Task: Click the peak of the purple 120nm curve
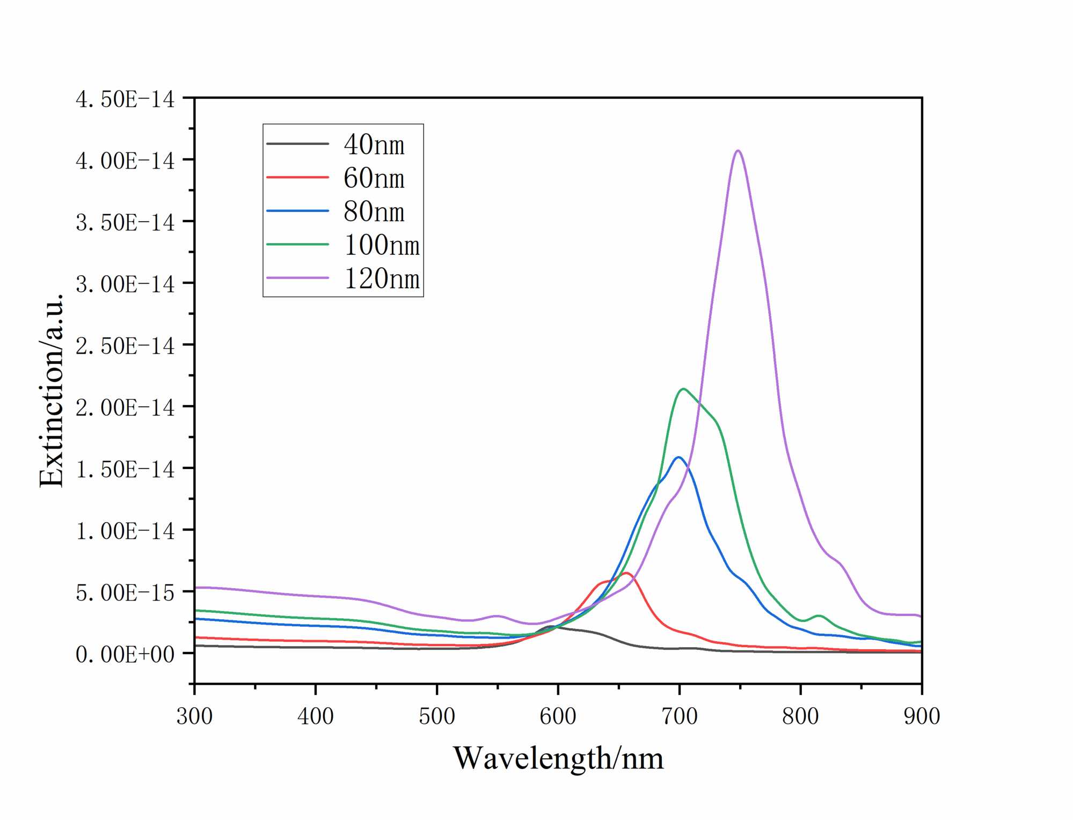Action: (739, 151)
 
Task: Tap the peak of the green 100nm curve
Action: (683, 389)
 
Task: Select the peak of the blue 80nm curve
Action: (678, 457)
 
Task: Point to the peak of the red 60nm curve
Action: (626, 573)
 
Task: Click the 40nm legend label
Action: (374, 144)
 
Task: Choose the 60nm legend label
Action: (374, 178)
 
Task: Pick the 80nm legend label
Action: (374, 211)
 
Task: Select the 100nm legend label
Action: (382, 245)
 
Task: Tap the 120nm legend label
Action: (382, 278)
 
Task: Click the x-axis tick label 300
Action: (194, 716)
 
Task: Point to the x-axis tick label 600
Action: (558, 716)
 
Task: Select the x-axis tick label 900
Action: (922, 716)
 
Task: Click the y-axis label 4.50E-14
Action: (125, 99)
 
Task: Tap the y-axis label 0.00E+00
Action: (125, 654)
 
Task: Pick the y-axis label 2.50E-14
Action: (125, 346)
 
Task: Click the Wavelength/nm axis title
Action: (558, 758)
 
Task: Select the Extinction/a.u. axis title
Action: (52, 390)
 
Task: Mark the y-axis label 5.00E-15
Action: (125, 592)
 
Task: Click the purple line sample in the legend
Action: (297, 278)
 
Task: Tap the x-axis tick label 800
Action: (800, 716)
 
